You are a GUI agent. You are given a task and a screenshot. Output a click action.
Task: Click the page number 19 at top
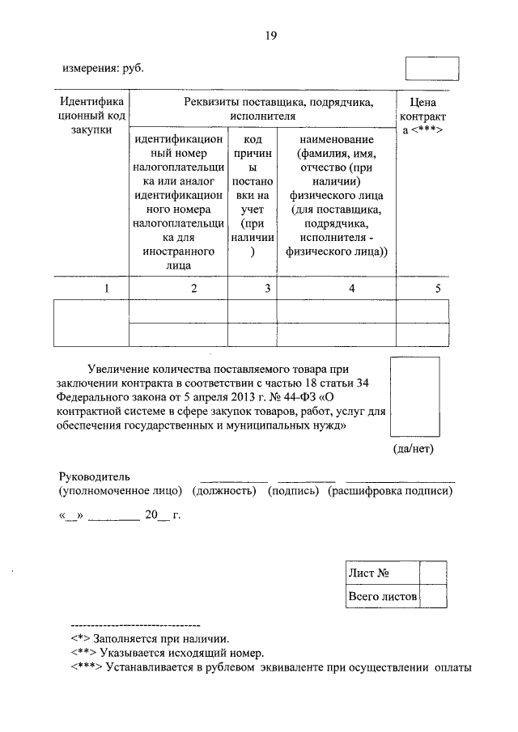tap(271, 35)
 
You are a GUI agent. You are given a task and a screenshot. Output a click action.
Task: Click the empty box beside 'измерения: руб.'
tap(431, 68)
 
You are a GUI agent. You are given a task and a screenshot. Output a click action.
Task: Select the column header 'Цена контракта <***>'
tap(425, 116)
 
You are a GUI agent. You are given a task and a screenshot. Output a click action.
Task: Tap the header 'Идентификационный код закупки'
tap(91, 116)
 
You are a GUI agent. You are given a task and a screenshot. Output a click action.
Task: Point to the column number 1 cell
tap(91, 289)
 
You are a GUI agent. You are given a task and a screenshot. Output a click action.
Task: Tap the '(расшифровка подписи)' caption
tap(390, 491)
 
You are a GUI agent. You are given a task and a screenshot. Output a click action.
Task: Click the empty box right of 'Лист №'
tap(433, 573)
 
